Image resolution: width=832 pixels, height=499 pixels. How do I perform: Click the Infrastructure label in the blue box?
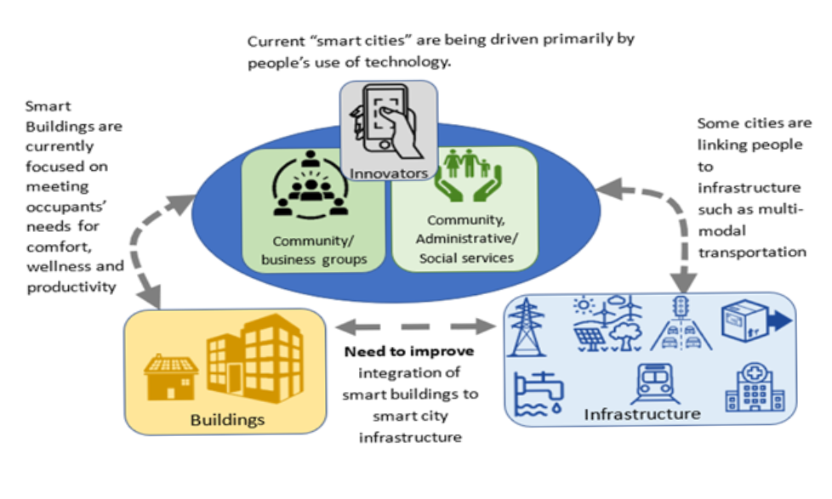coord(642,414)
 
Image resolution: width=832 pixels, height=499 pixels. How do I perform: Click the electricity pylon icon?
coord(527,326)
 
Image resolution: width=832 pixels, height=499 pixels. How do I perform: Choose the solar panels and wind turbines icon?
coord(603,325)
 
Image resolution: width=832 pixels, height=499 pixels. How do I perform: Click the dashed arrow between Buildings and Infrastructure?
coord(414,326)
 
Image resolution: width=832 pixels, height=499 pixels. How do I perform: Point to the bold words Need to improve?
coord(409,352)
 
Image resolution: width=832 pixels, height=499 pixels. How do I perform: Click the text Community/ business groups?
coord(314,250)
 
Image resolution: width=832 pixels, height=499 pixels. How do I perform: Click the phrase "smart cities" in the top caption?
coord(339,41)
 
